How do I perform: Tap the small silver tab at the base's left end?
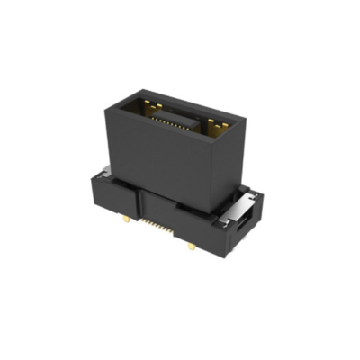point(106,171)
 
